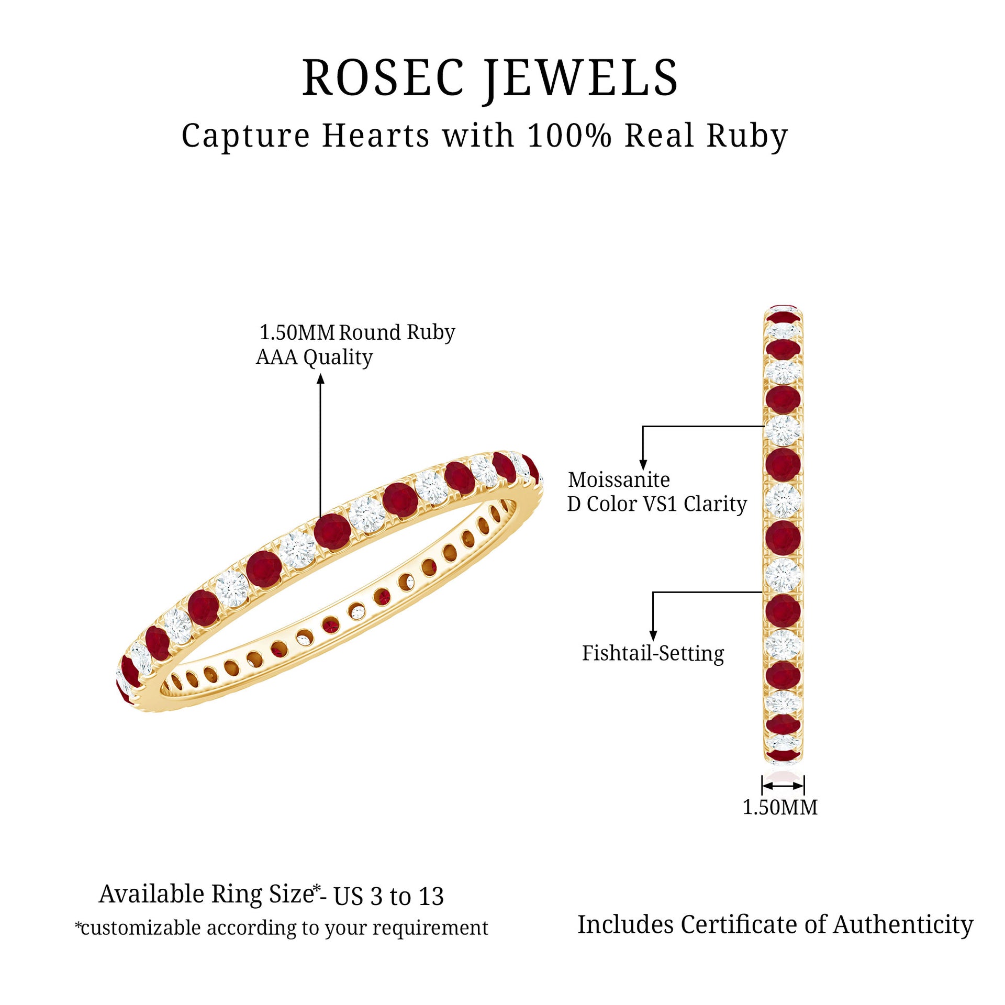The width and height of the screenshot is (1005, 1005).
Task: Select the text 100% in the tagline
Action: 569,136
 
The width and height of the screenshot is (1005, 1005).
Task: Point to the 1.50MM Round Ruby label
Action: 357,332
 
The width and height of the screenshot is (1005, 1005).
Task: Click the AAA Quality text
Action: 314,357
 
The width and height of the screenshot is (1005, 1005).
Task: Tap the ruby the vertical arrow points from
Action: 332,531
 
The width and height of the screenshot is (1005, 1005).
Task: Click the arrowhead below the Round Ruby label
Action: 321,378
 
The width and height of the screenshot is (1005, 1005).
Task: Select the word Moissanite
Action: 619,479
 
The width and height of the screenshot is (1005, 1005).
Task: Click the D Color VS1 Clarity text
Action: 657,504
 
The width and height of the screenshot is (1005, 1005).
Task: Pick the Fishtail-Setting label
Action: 653,653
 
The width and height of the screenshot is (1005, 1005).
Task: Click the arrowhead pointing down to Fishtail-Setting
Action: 653,636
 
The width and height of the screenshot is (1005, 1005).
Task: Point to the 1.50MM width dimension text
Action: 780,807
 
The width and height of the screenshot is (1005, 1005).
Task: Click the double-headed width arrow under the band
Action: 783,786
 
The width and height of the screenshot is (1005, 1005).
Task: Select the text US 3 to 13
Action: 388,897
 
